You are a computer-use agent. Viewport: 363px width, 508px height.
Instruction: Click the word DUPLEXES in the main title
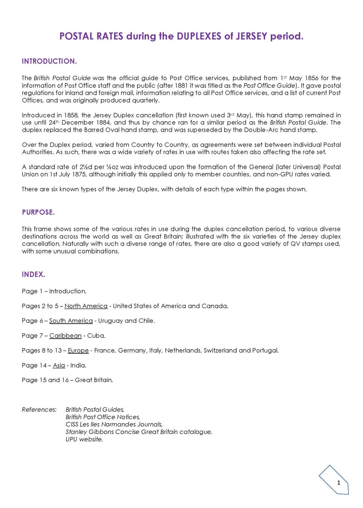[x=199, y=36]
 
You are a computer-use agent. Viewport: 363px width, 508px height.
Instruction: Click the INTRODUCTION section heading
[x=49, y=61]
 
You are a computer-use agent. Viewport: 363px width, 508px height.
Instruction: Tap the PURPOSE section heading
[x=38, y=212]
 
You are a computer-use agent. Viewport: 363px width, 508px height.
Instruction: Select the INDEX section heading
[x=33, y=275]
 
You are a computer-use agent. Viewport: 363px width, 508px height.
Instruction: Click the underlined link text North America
[x=86, y=306]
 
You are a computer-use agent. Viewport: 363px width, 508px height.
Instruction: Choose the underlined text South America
[x=71, y=321]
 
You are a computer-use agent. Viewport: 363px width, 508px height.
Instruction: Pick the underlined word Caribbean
[x=65, y=336]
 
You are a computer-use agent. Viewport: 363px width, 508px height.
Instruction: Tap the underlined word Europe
[x=78, y=351]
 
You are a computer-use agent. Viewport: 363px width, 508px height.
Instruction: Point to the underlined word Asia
[x=59, y=366]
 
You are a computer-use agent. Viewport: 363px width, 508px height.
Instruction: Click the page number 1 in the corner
[x=339, y=483]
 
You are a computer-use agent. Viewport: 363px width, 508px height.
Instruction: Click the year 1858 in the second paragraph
[x=72, y=115]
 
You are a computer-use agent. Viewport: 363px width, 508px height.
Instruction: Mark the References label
[x=39, y=410]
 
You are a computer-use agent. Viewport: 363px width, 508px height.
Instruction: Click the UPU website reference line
[x=84, y=439]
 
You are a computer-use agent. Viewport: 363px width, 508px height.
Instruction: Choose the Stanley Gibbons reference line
[x=139, y=432]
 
